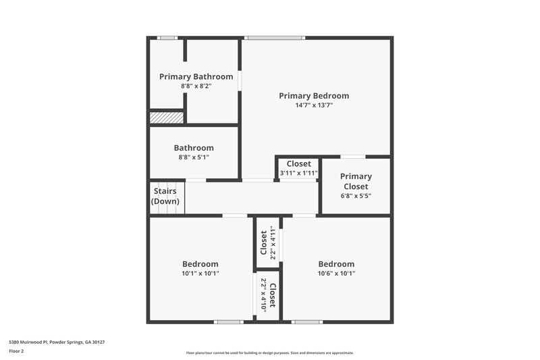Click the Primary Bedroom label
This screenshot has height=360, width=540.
point(314,96)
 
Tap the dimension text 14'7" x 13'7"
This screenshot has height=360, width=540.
point(314,105)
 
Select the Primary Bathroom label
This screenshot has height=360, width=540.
point(196,77)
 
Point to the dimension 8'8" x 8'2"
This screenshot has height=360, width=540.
point(196,86)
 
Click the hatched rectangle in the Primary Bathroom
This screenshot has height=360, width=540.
point(167,118)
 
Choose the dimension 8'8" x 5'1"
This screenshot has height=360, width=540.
point(194,157)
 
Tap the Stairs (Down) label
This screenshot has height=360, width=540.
point(165,197)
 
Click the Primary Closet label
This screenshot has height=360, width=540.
point(356,182)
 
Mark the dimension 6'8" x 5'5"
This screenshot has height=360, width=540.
point(356,196)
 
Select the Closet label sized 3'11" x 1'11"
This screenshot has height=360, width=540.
point(298,164)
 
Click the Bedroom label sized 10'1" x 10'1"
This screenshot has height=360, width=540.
point(200,264)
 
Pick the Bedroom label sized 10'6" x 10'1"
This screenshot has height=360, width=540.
point(336,264)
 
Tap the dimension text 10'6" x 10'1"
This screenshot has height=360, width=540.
point(336,274)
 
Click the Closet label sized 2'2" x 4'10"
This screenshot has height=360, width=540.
point(272,295)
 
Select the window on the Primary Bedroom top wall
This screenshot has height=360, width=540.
point(270,38)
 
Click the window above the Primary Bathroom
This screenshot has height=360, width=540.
point(167,38)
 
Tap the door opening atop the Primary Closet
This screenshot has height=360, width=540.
point(353,157)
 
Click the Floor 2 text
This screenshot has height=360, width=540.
point(16,351)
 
